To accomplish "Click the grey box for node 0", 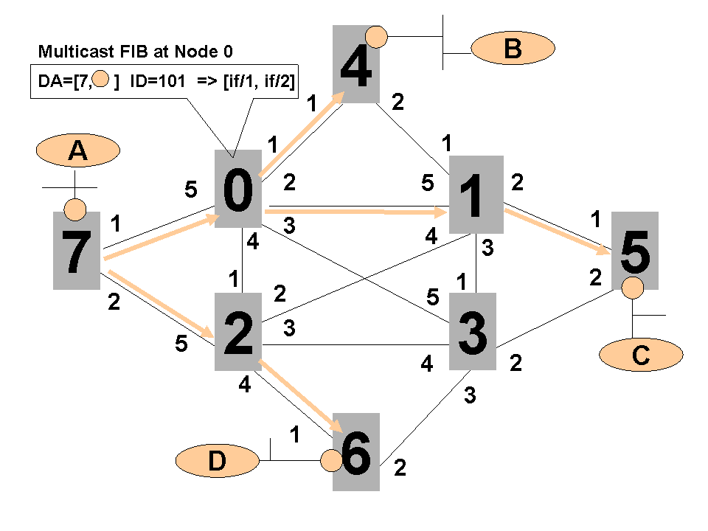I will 238,189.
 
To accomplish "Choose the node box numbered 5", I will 635,251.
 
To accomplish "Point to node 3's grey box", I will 473,332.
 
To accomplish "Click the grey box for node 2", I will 238,332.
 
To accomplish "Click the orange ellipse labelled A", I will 77,151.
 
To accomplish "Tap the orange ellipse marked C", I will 641,356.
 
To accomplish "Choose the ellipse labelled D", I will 216,462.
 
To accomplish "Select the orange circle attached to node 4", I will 378,36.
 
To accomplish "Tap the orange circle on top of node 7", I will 74,210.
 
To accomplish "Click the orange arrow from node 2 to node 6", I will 299,396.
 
